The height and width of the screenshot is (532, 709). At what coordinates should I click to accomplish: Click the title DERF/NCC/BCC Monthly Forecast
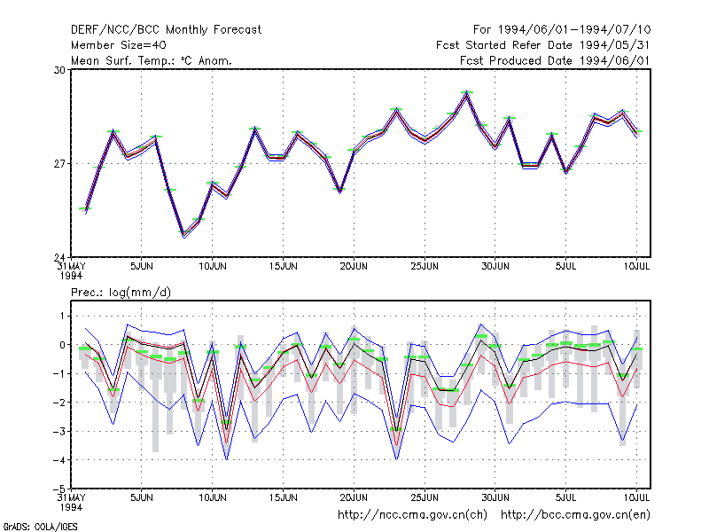(x=166, y=30)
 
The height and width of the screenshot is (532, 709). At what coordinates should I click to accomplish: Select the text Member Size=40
(x=119, y=45)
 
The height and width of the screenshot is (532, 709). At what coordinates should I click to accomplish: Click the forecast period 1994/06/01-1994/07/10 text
(x=562, y=30)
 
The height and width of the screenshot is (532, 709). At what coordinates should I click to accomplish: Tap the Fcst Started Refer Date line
(x=542, y=45)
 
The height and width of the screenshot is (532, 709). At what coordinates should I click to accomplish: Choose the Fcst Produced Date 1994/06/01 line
(x=555, y=60)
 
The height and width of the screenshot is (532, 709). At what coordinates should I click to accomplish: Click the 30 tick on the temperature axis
(x=59, y=70)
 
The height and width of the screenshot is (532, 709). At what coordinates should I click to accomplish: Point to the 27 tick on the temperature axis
(x=59, y=164)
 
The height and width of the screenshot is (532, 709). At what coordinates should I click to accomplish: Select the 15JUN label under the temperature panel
(x=283, y=266)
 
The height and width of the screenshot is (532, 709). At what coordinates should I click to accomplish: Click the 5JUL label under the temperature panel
(x=565, y=266)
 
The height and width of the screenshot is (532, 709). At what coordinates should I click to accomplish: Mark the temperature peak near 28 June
(x=467, y=92)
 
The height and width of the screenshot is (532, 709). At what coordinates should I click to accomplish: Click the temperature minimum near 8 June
(x=184, y=234)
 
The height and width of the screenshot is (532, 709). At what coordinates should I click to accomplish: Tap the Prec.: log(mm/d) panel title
(x=121, y=293)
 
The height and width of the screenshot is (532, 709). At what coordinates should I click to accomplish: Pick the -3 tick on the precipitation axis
(x=59, y=431)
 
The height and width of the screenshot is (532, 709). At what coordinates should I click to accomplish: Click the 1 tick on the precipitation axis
(x=62, y=316)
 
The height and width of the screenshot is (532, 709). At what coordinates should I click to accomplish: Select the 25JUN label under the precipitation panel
(x=425, y=497)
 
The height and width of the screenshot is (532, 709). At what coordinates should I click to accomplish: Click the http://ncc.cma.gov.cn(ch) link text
(x=412, y=515)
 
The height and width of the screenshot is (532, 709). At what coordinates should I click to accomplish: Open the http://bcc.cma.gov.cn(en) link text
(x=575, y=515)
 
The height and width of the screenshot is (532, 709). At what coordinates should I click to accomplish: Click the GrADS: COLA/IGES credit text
(x=41, y=527)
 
